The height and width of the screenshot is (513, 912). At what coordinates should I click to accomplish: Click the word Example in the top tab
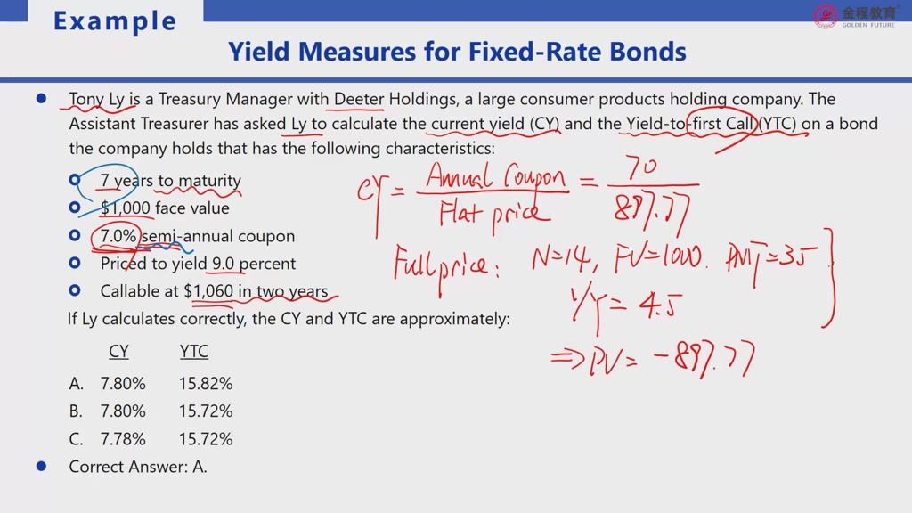pyautogui.click(x=115, y=21)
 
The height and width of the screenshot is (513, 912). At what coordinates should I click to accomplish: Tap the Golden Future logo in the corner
pyautogui.click(x=855, y=16)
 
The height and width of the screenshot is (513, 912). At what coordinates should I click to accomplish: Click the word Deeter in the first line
pyautogui.click(x=358, y=99)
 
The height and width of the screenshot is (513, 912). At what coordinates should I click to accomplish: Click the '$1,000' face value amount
pyautogui.click(x=125, y=208)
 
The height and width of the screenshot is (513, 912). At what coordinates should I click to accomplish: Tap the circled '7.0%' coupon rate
pyautogui.click(x=118, y=236)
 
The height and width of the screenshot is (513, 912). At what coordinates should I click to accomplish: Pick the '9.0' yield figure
pyautogui.click(x=223, y=264)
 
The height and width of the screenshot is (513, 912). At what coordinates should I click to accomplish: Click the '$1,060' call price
pyautogui.click(x=208, y=291)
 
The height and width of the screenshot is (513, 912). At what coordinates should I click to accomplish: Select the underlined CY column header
pyautogui.click(x=118, y=351)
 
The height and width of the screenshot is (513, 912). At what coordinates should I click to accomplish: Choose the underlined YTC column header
pyautogui.click(x=193, y=351)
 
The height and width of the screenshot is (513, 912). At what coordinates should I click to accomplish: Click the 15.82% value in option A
pyautogui.click(x=206, y=384)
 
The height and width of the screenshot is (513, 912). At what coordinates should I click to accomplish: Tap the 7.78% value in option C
pyautogui.click(x=123, y=439)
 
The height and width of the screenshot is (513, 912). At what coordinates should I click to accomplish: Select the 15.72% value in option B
pyautogui.click(x=206, y=411)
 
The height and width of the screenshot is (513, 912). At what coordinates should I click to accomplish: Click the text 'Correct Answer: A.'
pyautogui.click(x=138, y=467)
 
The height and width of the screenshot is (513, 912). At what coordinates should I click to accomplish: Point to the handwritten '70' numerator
pyautogui.click(x=641, y=167)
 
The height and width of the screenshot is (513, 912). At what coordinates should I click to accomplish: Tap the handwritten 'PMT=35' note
pyautogui.click(x=771, y=260)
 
